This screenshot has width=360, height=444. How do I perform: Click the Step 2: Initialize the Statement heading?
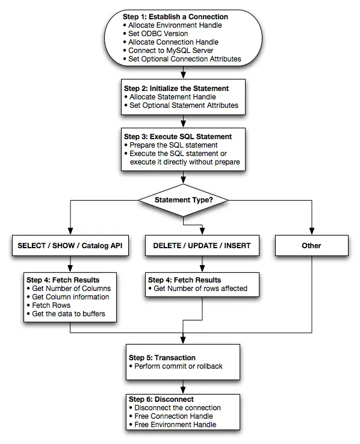pos(176,88)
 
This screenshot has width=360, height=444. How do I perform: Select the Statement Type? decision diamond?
pos(182,199)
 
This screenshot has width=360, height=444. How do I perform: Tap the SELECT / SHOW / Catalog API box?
pos(70,245)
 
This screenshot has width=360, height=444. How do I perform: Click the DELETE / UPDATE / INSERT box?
pos(202,245)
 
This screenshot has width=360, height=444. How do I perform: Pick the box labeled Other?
pos(311,245)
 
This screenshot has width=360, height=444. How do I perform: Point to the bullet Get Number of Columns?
pos(72,289)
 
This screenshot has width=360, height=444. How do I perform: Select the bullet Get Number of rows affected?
pos(201,289)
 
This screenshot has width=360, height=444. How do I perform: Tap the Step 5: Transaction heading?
pos(162,358)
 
